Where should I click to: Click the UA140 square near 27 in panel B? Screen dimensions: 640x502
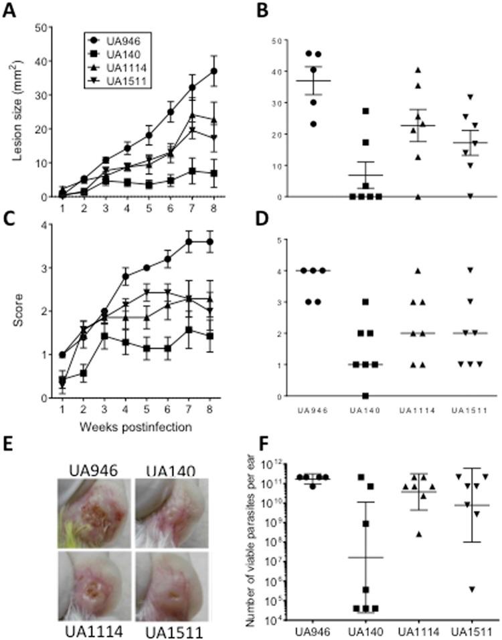point(366,111)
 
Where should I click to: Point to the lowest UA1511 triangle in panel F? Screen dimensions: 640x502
point(471,589)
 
